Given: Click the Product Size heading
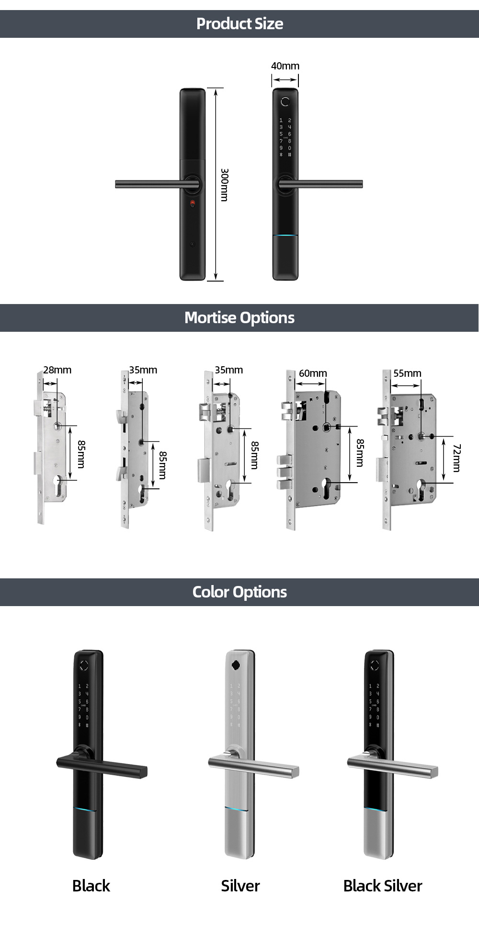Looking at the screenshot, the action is (x=239, y=23).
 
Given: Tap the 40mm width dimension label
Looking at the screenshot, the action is (x=285, y=66).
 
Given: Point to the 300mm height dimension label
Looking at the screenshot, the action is (x=224, y=184).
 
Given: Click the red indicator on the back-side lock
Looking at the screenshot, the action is (x=193, y=203).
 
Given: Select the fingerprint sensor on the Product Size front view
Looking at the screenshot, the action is (x=285, y=101).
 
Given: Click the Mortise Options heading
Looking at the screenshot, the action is (x=239, y=317).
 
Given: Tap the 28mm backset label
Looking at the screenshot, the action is (x=57, y=370).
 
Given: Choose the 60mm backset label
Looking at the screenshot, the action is (x=313, y=373).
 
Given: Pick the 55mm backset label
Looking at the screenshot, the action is (x=407, y=373).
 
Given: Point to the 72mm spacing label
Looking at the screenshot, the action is (x=456, y=458).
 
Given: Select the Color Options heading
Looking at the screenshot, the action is (x=239, y=592).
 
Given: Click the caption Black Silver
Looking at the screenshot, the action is (x=383, y=886).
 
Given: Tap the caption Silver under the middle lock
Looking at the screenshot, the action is (x=240, y=886).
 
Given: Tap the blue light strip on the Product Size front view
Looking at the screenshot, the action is (x=285, y=236).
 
